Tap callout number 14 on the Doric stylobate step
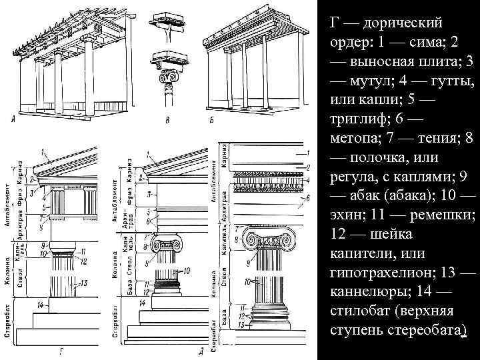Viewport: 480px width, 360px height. pyautogui.click(x=41, y=305)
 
